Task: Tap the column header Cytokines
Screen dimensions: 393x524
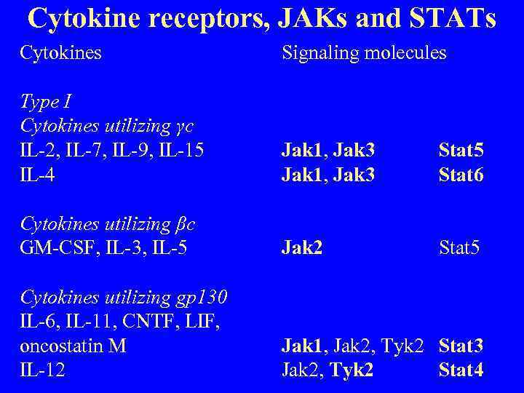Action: point(60,53)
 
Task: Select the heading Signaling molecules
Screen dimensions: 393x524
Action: point(364,53)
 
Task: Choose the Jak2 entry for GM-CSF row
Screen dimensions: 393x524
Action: point(302,248)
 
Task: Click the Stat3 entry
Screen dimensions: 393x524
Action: point(461,346)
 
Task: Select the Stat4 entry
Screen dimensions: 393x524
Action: point(461,370)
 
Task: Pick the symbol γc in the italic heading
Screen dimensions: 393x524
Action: point(185,126)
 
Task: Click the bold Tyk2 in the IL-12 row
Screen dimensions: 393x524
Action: point(352,370)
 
